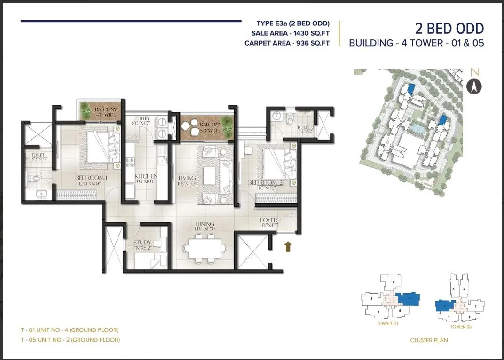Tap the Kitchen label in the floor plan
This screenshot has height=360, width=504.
tap(146, 176)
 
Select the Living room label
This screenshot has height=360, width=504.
tap(187, 178)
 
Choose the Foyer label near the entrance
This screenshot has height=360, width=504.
tap(269, 220)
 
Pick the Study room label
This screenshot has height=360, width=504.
tap(142, 243)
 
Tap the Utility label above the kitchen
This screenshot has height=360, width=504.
tap(141, 118)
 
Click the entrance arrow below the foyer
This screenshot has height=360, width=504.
tap(288, 246)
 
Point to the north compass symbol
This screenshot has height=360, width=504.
tap(474, 86)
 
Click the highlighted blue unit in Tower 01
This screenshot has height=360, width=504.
tap(407, 299)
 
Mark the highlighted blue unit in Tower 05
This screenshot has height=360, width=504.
tap(444, 305)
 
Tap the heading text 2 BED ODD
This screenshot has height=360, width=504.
tap(449, 29)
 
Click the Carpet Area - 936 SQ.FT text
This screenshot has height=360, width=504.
tap(287, 43)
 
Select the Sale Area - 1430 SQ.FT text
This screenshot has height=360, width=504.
tap(291, 33)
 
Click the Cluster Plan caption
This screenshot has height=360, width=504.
tap(429, 340)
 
